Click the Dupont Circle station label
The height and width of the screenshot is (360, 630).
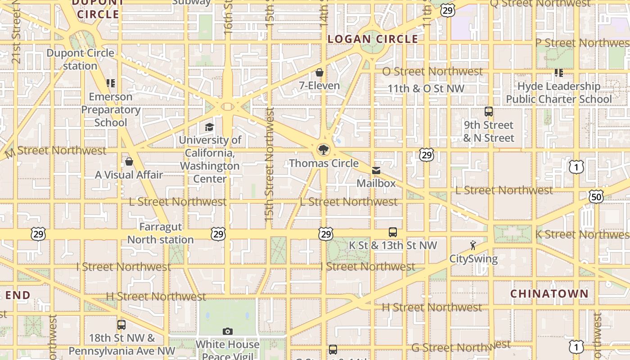point(80,59)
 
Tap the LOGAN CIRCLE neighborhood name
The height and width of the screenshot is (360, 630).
point(373,39)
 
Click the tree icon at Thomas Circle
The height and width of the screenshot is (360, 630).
point(323,149)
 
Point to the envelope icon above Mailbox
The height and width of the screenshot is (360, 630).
point(376,171)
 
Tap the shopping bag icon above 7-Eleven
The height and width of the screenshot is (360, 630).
point(319,72)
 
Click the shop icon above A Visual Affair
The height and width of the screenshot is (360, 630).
point(129,162)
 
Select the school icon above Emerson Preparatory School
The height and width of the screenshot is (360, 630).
point(111,83)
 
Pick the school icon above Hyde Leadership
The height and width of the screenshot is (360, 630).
point(559,73)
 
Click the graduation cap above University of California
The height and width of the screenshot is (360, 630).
point(209,127)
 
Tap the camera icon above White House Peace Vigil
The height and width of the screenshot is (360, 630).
point(228,332)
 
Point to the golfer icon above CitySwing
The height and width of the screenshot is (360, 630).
point(473,245)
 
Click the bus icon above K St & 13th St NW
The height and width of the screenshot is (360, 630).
point(393,232)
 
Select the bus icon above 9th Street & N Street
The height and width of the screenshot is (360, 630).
point(489,112)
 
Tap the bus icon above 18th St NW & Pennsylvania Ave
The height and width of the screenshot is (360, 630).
point(121,325)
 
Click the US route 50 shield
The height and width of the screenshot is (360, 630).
point(596,196)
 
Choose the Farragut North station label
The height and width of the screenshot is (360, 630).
point(160,233)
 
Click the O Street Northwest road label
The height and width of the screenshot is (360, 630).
point(432,72)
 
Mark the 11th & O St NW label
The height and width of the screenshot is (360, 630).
point(426,89)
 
